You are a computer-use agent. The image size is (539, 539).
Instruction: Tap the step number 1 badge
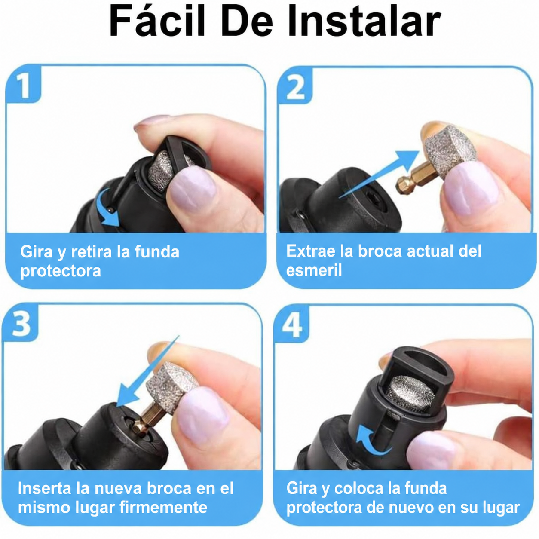24,84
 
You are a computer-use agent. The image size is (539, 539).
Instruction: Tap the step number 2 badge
295,85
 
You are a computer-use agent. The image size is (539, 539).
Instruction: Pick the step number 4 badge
292,324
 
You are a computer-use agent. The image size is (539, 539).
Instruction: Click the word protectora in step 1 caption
61,271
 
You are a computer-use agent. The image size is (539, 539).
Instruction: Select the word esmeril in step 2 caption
314,270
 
